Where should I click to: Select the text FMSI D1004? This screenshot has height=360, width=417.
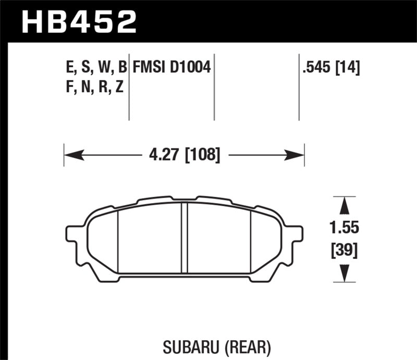coord(171,68)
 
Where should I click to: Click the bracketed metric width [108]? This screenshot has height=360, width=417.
coord(201,154)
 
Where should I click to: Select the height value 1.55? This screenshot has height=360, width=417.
coord(345,229)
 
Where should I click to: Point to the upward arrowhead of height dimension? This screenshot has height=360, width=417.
coord(345,206)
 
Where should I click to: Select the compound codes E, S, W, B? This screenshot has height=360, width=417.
coord(94,68)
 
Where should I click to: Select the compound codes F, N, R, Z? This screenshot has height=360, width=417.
coord(92,87)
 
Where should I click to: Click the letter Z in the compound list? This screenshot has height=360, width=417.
coord(119,87)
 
